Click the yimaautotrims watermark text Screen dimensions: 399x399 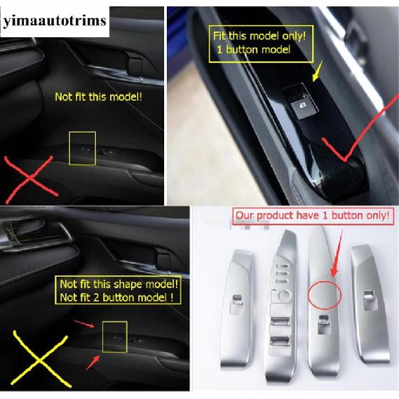pos(54,20)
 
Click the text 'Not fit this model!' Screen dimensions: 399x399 pos(98,95)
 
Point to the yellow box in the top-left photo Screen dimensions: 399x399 pos(82,149)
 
